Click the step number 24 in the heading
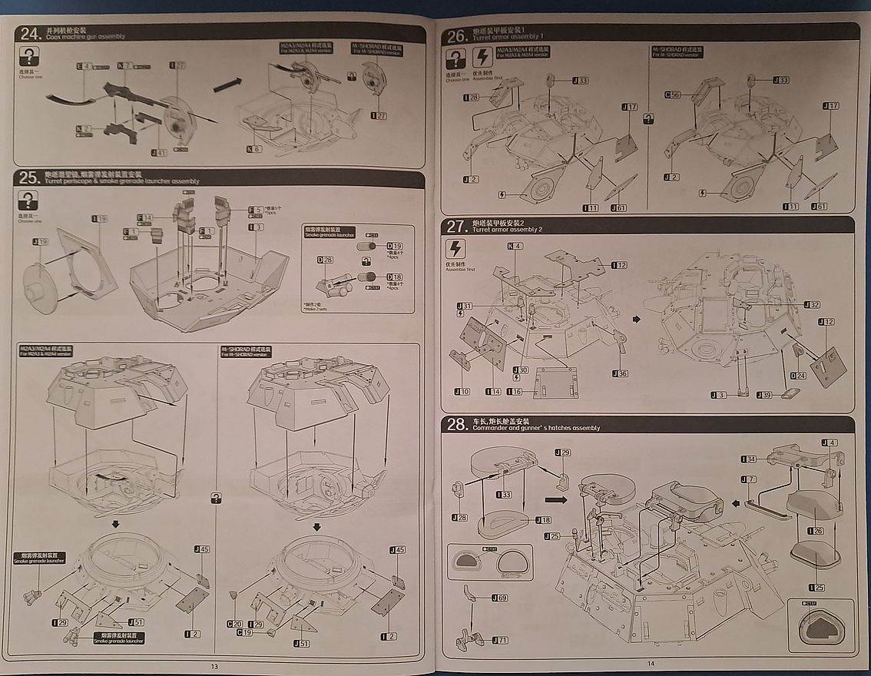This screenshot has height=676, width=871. (30, 33)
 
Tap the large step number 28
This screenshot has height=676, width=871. (459, 424)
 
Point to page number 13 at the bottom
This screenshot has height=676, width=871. (214, 666)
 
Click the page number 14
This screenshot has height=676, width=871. (650, 664)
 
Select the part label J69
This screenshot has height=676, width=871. (498, 598)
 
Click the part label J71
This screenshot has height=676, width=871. (498, 640)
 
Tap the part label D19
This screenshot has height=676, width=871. (395, 247)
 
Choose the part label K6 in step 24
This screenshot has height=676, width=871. (254, 148)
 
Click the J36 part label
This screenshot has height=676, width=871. (620, 373)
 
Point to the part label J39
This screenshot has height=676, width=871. (763, 395)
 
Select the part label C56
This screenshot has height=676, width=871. (673, 94)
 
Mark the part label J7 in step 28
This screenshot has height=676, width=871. (748, 479)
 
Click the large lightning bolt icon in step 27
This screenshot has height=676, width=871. (456, 249)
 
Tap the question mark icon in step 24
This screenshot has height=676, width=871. (28, 55)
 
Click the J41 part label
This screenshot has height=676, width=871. (158, 152)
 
